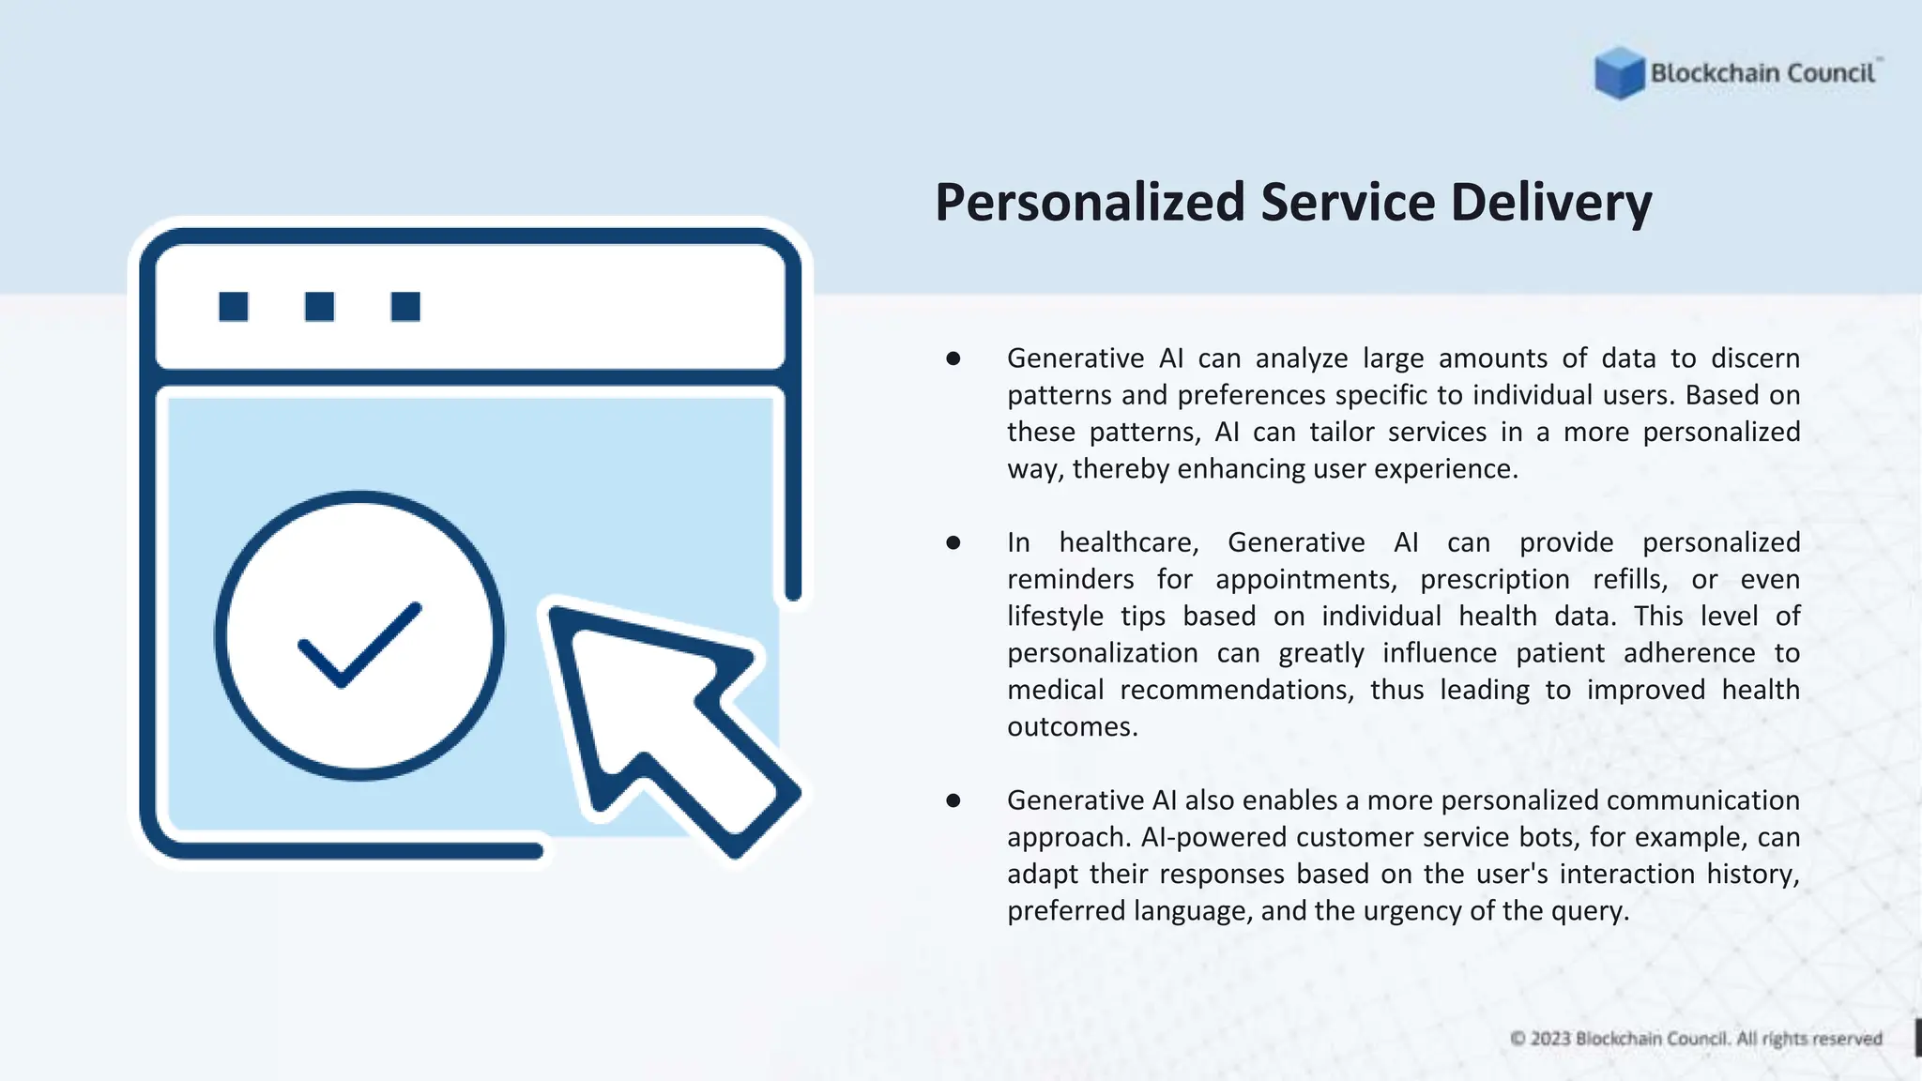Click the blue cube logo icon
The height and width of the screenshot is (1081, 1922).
coord(1619,73)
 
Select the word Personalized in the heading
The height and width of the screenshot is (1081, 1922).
coord(1090,203)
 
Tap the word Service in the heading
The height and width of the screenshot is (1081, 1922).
coord(1348,203)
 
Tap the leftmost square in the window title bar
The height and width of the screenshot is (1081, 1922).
coord(234,307)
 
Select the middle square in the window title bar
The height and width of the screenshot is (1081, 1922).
coord(319,307)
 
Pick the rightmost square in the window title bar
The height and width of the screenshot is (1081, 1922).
coord(405,307)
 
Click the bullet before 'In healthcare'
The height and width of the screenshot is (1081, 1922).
coord(953,542)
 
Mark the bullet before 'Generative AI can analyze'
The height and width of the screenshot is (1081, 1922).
coord(953,358)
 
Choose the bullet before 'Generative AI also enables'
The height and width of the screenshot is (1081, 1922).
coord(953,800)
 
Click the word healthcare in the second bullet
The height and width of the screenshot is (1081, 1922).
coord(1128,543)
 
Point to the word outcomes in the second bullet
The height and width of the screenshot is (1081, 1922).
coord(1072,727)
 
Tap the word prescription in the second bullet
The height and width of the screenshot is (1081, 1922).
coord(1494,580)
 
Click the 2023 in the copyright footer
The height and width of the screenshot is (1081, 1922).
coord(1549,1039)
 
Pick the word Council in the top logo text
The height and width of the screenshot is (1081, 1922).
coord(1830,73)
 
